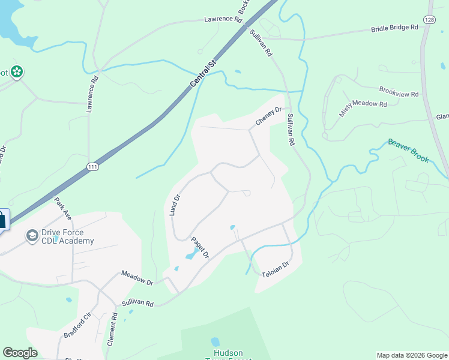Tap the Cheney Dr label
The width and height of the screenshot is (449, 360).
(x=268, y=116)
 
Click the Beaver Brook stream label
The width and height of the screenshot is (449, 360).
(x=408, y=151)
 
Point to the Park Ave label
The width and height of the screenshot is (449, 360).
(x=63, y=207)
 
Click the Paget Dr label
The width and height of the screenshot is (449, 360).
(x=199, y=248)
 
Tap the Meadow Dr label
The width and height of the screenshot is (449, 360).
(x=137, y=277)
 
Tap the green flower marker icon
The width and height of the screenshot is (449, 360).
(x=17, y=72)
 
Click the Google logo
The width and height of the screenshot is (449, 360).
(x=20, y=353)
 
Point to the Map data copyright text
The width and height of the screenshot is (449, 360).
(x=412, y=355)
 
